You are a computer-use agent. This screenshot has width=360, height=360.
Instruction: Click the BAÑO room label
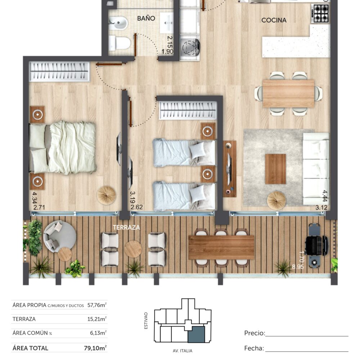click(x=146, y=18)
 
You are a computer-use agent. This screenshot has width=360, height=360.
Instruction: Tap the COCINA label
click(x=274, y=20)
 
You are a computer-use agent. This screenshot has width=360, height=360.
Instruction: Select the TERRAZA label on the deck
click(x=126, y=227)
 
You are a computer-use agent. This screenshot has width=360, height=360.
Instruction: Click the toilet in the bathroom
click(x=120, y=43)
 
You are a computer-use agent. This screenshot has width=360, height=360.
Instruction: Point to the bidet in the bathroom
click(x=118, y=23)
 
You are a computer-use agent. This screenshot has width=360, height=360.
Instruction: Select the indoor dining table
click(x=288, y=94)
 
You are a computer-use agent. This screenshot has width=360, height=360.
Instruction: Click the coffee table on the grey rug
click(x=275, y=169)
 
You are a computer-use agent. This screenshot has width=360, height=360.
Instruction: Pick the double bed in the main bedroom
click(x=63, y=148)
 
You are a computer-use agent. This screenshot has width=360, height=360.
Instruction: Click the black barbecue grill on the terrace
click(x=316, y=246)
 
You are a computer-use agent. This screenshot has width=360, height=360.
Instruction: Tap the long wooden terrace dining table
click(x=221, y=248)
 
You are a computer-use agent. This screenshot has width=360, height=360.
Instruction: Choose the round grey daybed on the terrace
click(x=60, y=237)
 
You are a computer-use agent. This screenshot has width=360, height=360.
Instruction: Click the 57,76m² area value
click(x=97, y=305)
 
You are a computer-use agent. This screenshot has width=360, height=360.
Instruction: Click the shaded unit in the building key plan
click(x=196, y=334)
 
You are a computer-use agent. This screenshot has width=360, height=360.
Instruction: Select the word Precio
click(x=255, y=333)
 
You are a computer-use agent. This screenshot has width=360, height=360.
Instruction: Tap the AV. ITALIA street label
click(x=183, y=351)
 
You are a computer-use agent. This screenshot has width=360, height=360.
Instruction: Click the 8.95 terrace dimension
click(x=298, y=267)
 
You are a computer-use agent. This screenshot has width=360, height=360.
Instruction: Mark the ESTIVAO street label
click(x=146, y=320)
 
